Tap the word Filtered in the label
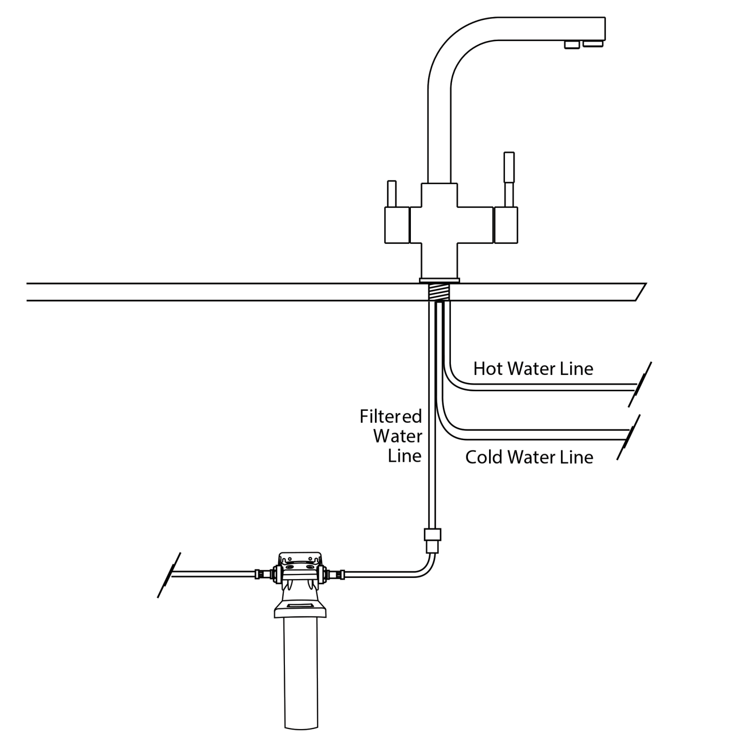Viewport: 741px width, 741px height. [390, 416]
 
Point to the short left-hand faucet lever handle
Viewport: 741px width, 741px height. [391, 193]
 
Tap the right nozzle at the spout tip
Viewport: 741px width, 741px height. [593, 44]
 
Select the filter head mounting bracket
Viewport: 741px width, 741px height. [300, 561]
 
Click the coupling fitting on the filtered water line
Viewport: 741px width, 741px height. [432, 540]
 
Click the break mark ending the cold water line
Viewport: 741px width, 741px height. [629, 437]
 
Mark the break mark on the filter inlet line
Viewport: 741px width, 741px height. [169, 574]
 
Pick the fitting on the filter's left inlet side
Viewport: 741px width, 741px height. [265, 573]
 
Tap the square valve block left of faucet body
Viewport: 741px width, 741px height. [397, 225]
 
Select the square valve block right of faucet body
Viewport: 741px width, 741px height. [505, 225]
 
